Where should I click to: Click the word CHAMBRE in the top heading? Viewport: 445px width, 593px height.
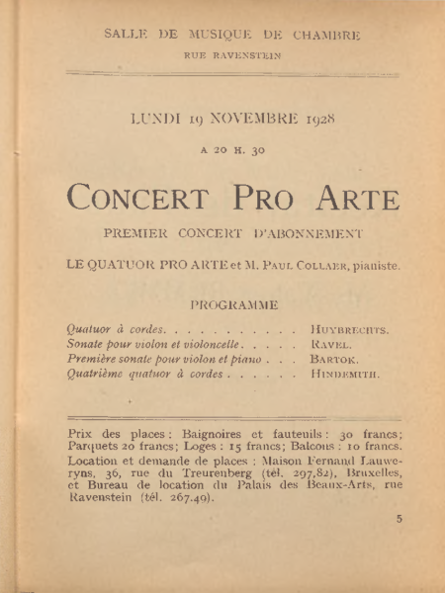click(325, 36)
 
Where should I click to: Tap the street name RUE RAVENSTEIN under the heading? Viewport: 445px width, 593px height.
click(232, 56)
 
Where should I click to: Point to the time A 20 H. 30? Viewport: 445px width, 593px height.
click(232, 150)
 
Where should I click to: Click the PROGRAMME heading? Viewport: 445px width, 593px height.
click(233, 306)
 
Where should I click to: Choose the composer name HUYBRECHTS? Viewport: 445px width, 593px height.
click(348, 329)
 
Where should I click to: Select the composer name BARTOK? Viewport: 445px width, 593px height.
click(333, 360)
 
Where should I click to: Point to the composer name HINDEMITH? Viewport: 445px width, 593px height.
click(344, 376)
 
